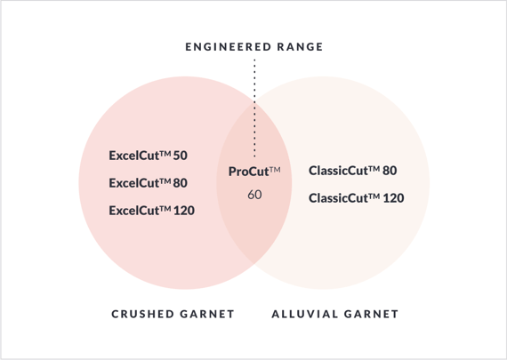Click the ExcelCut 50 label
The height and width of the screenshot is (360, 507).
[x=148, y=156]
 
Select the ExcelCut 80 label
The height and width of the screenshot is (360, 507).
[x=148, y=183]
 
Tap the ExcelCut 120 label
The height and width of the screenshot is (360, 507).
[x=151, y=211]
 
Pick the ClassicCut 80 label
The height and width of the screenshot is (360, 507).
[x=353, y=171]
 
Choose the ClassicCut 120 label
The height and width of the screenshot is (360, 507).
[x=357, y=198]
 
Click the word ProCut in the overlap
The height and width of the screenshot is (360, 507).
[x=248, y=172]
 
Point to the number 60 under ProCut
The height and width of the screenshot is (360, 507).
[x=254, y=195]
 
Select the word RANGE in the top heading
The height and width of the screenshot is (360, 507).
[x=301, y=47]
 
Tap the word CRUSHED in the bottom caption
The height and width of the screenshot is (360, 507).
[x=143, y=314]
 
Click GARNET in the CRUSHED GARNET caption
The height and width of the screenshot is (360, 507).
[x=207, y=314]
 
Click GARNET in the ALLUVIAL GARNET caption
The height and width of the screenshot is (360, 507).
[x=371, y=314]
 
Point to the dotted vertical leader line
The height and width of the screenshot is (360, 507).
[x=254, y=108]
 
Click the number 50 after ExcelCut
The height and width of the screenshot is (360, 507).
[x=181, y=156]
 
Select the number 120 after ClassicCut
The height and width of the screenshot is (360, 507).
[x=393, y=198]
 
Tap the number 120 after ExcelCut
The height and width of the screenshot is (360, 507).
[x=184, y=211]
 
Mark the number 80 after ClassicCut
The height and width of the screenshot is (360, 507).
[x=390, y=171]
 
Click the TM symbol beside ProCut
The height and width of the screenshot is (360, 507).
[x=275, y=170]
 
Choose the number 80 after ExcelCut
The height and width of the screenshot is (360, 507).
[x=181, y=183]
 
